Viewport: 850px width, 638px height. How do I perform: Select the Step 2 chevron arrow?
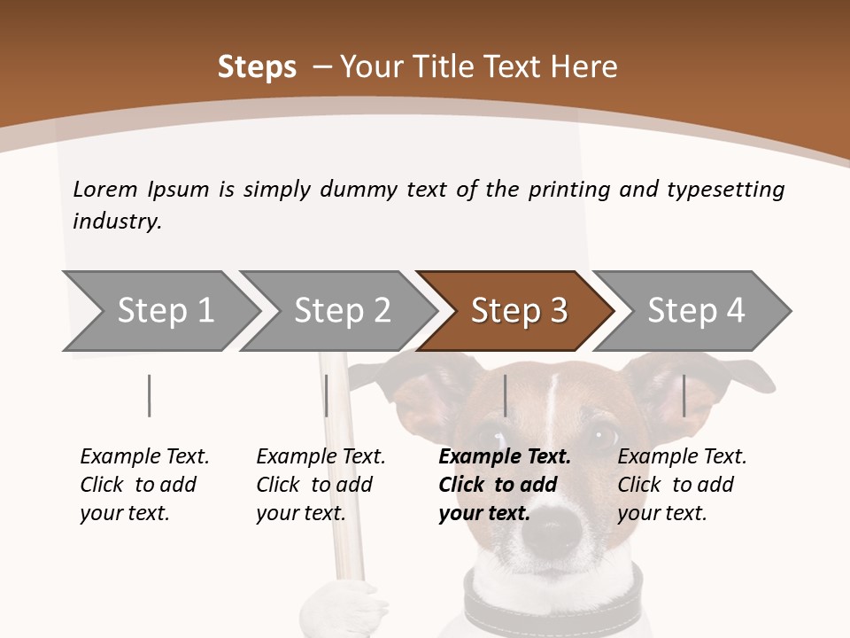(341, 311)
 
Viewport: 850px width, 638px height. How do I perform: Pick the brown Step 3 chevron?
(518, 311)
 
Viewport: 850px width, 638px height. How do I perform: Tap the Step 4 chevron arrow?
(695, 311)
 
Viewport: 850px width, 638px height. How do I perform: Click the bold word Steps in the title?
(257, 66)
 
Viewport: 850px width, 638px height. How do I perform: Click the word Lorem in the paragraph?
(104, 189)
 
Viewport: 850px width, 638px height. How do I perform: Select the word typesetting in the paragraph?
(725, 189)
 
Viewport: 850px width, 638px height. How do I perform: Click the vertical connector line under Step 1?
(150, 395)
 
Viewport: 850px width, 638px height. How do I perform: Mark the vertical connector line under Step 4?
(684, 395)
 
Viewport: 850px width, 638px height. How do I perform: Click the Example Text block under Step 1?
(144, 485)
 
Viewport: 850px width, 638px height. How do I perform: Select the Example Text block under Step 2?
(321, 485)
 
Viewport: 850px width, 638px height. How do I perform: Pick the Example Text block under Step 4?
(682, 485)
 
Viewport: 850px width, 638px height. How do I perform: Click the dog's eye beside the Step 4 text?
(606, 434)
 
